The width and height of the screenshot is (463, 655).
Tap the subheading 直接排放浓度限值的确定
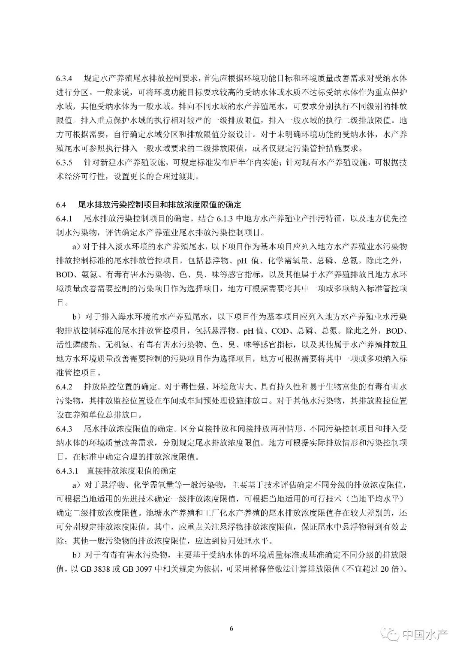(x=132, y=471)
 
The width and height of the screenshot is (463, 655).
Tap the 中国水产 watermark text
(x=424, y=634)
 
